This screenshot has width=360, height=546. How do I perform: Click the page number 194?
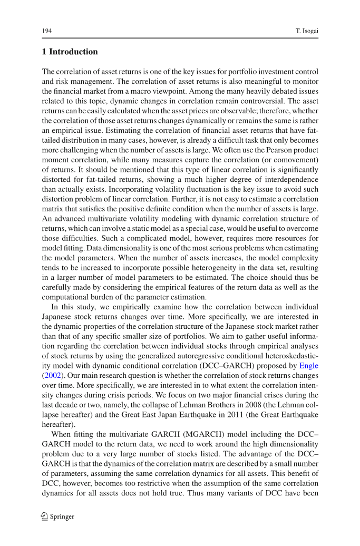click(x=46, y=32)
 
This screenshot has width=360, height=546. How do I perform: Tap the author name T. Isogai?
click(x=307, y=32)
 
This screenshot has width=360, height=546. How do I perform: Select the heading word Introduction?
click(x=73, y=52)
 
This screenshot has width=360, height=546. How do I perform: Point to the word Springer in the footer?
click(x=62, y=516)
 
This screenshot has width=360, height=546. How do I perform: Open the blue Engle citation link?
click(x=308, y=365)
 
